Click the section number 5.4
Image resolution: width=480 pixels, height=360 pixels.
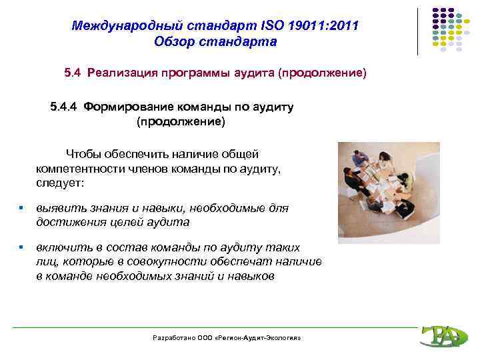[x=73, y=71]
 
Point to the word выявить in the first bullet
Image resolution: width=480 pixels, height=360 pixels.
[x=57, y=208]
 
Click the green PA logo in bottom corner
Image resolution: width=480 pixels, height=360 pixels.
[x=441, y=336]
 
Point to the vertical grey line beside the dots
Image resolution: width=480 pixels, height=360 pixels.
[x=418, y=31]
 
